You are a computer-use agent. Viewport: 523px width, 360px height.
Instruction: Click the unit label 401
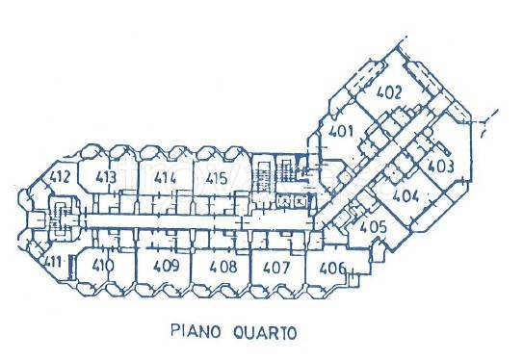pyautogui.click(x=338, y=133)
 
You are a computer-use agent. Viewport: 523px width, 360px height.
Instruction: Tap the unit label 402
pyautogui.click(x=388, y=94)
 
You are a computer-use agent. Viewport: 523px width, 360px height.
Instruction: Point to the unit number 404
pyautogui.click(x=406, y=195)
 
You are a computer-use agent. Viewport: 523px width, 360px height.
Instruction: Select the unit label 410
pyautogui.click(x=103, y=265)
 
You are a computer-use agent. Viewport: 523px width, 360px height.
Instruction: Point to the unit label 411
pyautogui.click(x=53, y=262)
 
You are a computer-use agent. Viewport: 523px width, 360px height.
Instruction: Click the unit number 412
pyautogui.click(x=60, y=176)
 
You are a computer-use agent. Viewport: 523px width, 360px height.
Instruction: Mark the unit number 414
pyautogui.click(x=165, y=177)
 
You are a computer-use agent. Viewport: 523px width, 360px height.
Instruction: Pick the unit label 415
pyautogui.click(x=217, y=177)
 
